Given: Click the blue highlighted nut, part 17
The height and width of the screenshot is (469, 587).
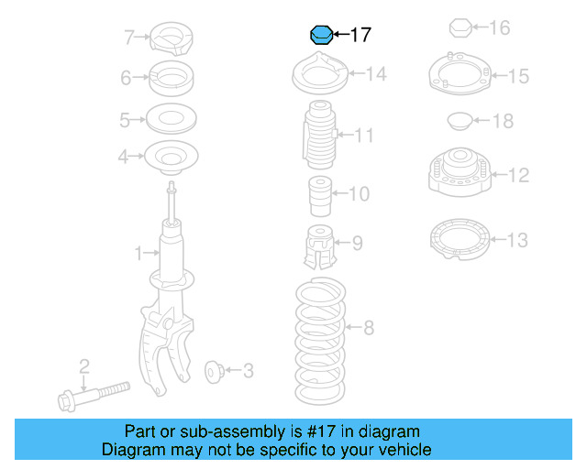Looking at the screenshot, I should pos(320,35).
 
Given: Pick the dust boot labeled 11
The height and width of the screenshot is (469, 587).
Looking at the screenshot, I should pos(317,136).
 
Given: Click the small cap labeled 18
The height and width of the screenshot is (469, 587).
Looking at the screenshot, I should pos(456,120).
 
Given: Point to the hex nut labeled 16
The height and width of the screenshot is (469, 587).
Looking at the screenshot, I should pos(461,28).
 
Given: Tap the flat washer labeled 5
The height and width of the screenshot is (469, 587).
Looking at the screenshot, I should pos(171,119).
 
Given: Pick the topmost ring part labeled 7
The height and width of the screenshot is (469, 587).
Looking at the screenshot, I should pos(172,38).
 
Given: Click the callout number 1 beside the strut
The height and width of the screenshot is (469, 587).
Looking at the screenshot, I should pos(138,252).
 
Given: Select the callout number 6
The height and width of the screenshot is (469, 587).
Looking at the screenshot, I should pos(127,78).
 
